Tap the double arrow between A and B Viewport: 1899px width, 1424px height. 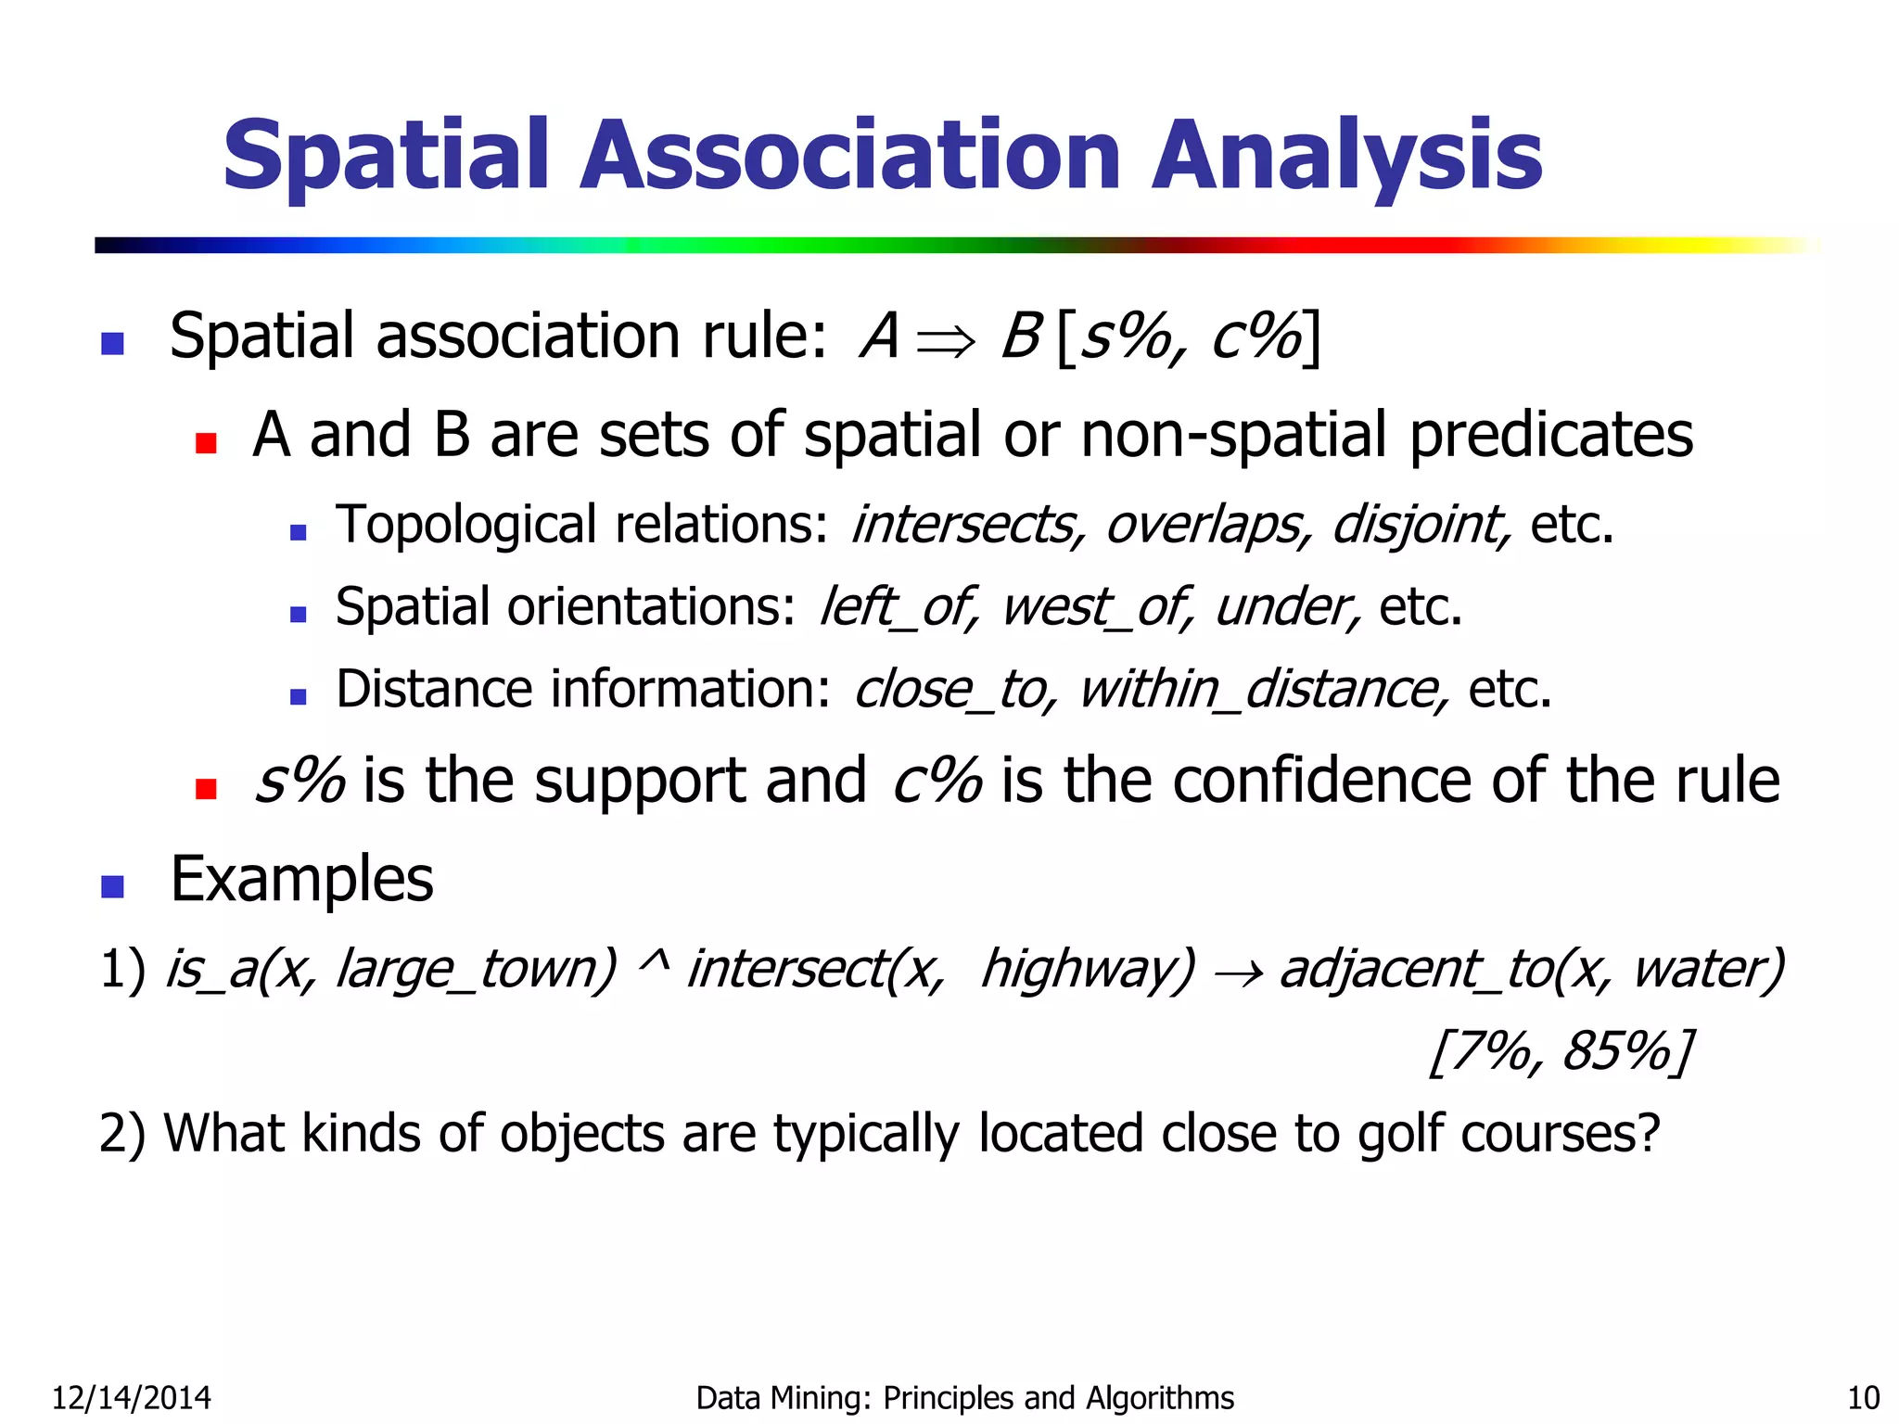(945, 340)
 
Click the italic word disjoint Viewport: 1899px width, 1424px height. (1420, 526)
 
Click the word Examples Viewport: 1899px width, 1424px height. (301, 879)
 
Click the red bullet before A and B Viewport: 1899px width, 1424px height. (206, 443)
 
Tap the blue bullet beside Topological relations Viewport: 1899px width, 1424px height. (298, 532)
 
